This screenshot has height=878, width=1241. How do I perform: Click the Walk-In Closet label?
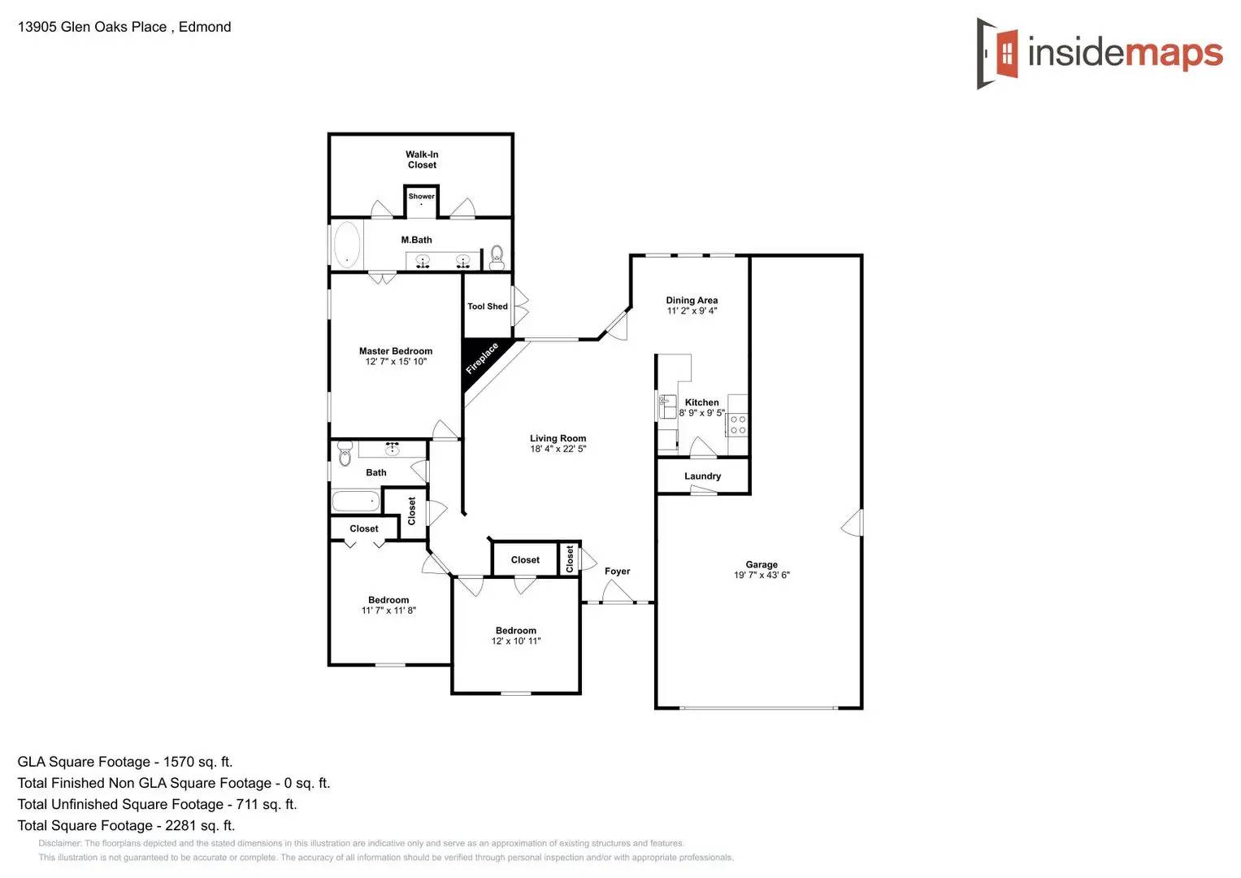[x=422, y=159]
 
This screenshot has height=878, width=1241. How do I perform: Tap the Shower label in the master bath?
[x=421, y=196]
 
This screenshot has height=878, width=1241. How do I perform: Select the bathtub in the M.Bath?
[x=347, y=244]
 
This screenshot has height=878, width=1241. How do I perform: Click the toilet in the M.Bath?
[x=497, y=257]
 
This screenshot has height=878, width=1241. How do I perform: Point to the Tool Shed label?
[x=487, y=306]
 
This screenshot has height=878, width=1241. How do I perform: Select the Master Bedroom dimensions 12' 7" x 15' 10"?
[x=396, y=362]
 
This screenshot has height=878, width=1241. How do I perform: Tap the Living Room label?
[x=558, y=438]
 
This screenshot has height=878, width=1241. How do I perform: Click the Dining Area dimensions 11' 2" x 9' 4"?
[x=692, y=311]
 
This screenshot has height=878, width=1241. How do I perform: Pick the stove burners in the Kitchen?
[x=737, y=424]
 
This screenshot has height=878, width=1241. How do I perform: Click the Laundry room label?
[x=702, y=476]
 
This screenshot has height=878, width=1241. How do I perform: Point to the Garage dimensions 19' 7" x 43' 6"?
[x=762, y=575]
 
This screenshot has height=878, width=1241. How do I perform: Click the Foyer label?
[x=617, y=572]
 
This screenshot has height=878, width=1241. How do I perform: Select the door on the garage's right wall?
[x=853, y=523]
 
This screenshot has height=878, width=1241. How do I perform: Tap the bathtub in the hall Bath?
[x=356, y=501]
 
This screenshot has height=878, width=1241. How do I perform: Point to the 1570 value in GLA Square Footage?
[x=179, y=762]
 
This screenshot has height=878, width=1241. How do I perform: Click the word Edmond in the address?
[x=205, y=27]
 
